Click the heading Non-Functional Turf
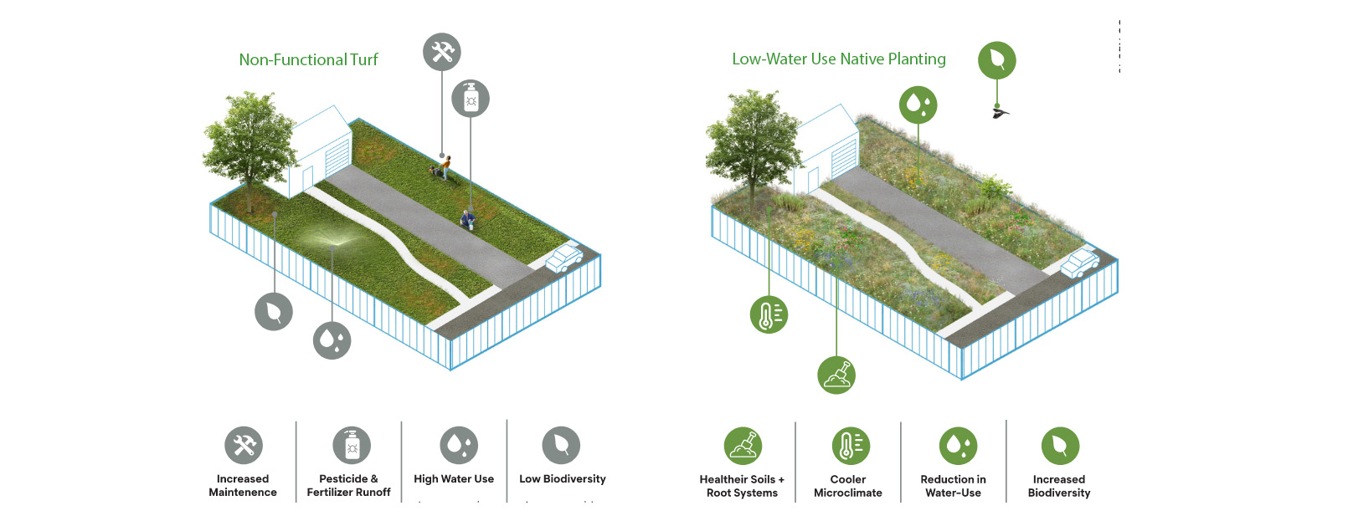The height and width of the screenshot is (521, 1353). (x=308, y=59)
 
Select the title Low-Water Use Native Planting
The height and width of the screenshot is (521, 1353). (x=838, y=59)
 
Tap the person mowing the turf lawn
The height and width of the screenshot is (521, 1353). (x=443, y=166)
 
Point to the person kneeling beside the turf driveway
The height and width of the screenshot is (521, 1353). (x=468, y=219)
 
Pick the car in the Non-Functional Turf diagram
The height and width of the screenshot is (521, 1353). (x=565, y=257)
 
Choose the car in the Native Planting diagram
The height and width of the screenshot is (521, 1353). (x=1080, y=263)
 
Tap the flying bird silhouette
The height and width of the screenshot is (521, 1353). (x=999, y=112)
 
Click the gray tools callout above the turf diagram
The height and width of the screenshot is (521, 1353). (x=441, y=52)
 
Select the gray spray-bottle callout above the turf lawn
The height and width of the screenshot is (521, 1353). (x=471, y=99)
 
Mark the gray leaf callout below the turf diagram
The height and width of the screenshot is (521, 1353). (x=274, y=312)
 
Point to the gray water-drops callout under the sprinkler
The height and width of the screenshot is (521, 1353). (x=332, y=340)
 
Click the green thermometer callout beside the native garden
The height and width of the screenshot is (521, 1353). (x=769, y=314)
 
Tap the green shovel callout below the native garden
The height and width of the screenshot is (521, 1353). (x=836, y=375)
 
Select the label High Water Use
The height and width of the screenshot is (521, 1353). (x=454, y=479)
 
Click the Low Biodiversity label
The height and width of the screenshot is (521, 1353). (x=562, y=479)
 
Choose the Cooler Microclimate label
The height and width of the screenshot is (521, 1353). (x=847, y=486)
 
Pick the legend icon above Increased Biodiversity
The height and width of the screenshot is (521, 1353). (x=1059, y=446)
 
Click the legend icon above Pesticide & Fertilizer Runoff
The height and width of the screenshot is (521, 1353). (x=351, y=446)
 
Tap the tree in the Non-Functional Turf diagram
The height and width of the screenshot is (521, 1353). (x=248, y=142)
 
